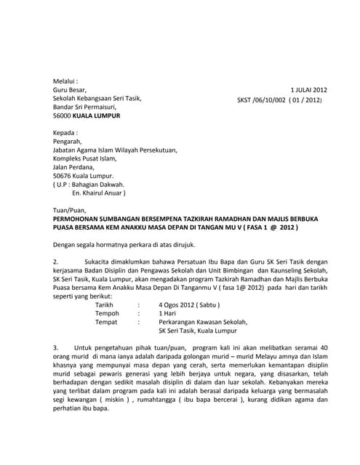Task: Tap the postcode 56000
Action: click(x=63, y=116)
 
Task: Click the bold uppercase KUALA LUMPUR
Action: click(x=97, y=116)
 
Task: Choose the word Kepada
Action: click(x=65, y=132)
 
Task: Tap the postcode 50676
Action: click(x=63, y=176)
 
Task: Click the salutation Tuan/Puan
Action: click(x=69, y=210)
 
